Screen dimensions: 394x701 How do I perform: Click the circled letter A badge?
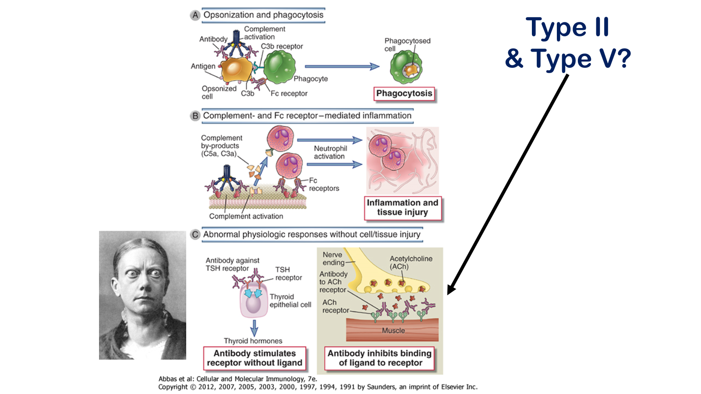(x=195, y=15)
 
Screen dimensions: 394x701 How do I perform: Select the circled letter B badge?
(x=195, y=116)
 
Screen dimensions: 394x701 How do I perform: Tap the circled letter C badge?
(x=195, y=235)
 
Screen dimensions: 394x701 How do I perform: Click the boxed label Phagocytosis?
(x=404, y=94)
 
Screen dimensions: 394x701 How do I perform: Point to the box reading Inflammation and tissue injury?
(x=402, y=208)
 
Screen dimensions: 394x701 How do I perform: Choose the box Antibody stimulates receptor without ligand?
(x=255, y=358)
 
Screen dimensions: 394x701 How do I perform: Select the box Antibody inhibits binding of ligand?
(x=380, y=358)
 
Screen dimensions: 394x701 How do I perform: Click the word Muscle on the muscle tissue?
(x=393, y=331)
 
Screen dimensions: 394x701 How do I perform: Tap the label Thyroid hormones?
(x=253, y=341)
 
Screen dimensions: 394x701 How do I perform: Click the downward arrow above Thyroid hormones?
(x=254, y=327)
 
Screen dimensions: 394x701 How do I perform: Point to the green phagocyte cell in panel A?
(x=279, y=67)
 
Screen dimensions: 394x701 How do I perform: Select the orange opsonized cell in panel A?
(x=237, y=70)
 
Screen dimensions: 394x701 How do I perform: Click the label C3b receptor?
(x=282, y=46)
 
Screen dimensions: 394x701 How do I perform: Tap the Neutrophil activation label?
(x=330, y=152)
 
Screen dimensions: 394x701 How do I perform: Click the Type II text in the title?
(x=567, y=27)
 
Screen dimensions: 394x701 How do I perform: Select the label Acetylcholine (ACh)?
(x=411, y=263)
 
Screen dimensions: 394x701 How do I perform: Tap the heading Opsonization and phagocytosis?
(x=263, y=15)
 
